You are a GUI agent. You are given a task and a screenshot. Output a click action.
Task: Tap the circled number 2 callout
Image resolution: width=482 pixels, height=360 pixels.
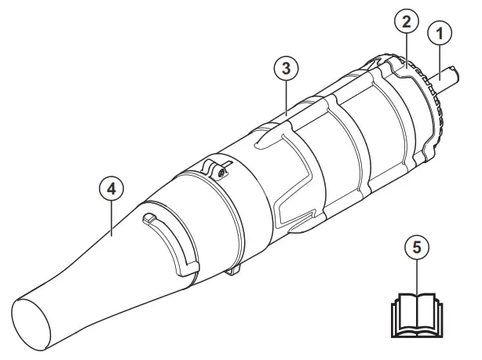click(406, 23)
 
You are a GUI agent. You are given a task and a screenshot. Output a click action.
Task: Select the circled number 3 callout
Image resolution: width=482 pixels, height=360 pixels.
click(287, 68)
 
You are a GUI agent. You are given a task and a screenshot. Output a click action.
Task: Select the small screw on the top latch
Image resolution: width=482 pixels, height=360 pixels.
click(224, 173)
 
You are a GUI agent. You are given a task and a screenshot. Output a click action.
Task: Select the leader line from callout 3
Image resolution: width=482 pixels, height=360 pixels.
click(287, 98)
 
